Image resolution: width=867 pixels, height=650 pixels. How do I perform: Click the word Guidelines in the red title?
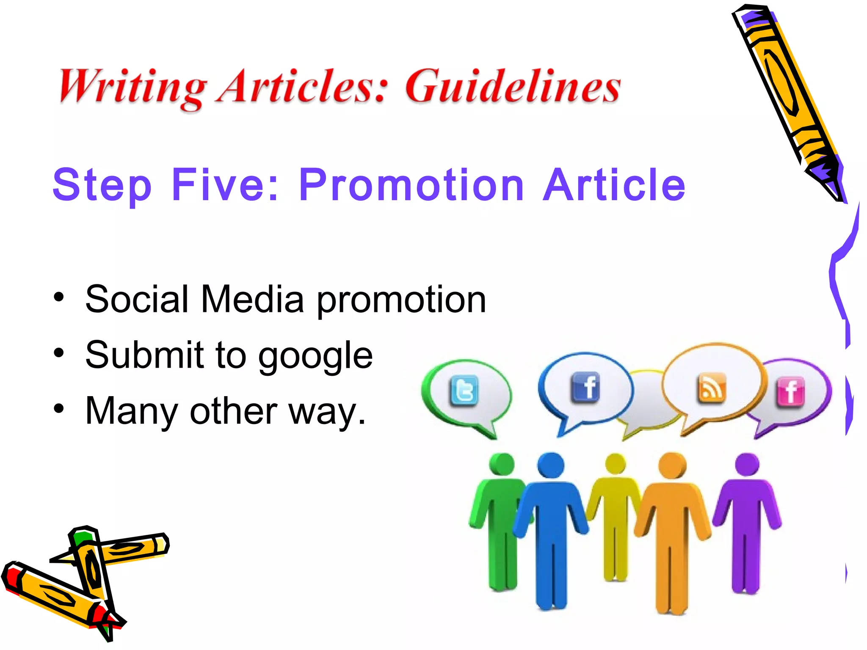[513, 87]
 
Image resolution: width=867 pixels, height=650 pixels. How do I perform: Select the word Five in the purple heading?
[225, 185]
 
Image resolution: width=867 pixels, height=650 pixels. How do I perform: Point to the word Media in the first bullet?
[252, 300]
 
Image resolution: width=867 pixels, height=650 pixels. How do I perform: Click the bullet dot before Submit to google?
[59, 353]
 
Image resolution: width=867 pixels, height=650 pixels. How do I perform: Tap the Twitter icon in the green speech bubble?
[464, 391]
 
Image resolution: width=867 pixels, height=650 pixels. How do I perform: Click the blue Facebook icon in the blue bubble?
[585, 387]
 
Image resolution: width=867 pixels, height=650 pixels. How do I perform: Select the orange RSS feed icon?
[711, 388]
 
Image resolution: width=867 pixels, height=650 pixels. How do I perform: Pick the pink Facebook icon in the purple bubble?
[790, 391]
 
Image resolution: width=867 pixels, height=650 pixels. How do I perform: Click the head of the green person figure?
[502, 464]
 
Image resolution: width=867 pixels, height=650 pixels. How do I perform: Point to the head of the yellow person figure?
[616, 463]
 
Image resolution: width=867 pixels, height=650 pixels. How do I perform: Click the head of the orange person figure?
[672, 465]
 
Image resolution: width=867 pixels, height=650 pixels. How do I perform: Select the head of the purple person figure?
[747, 464]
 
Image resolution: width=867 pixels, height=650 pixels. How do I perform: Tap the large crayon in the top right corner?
[787, 97]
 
